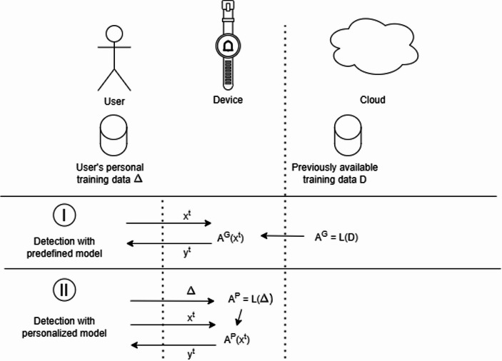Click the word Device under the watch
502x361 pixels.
(x=228, y=100)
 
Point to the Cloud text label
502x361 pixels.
(x=371, y=101)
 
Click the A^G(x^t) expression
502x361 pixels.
(x=231, y=238)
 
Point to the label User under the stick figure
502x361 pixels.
(x=114, y=101)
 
